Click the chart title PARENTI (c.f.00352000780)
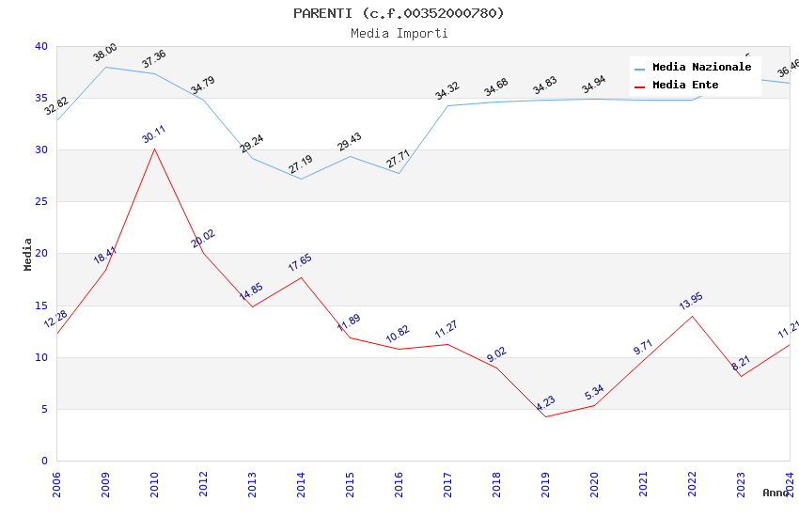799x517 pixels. [x=399, y=13]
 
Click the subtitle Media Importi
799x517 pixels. [x=399, y=34]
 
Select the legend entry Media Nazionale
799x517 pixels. [x=701, y=68]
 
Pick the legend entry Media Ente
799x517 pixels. [x=685, y=86]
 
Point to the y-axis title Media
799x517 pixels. [x=28, y=254]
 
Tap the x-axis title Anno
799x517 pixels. [x=775, y=493]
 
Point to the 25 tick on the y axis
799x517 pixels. [x=41, y=202]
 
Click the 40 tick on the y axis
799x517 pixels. [x=41, y=46]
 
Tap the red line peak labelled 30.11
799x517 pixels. [x=154, y=149]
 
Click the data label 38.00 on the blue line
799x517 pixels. [x=105, y=53]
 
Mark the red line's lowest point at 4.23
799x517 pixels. [x=545, y=416]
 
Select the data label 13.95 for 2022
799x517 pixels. [x=691, y=302]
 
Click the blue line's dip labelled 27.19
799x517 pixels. [x=301, y=179]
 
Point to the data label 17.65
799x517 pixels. [x=300, y=264]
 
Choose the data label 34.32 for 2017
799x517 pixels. [x=446, y=91]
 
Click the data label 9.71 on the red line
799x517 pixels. [x=643, y=347]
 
